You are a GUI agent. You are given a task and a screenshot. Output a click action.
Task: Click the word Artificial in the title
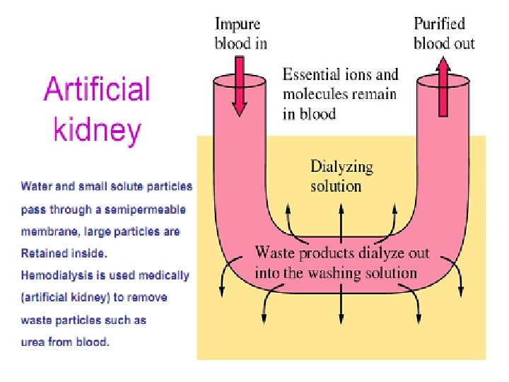pyautogui.click(x=98, y=91)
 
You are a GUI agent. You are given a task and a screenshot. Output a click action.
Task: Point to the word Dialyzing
pyautogui.click(x=341, y=168)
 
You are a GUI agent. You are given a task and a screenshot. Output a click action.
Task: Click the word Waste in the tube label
pyautogui.click(x=275, y=253)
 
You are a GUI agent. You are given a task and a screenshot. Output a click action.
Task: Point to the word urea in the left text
pyautogui.click(x=33, y=342)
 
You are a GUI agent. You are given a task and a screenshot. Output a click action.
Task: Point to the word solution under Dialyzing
pyautogui.click(x=336, y=187)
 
